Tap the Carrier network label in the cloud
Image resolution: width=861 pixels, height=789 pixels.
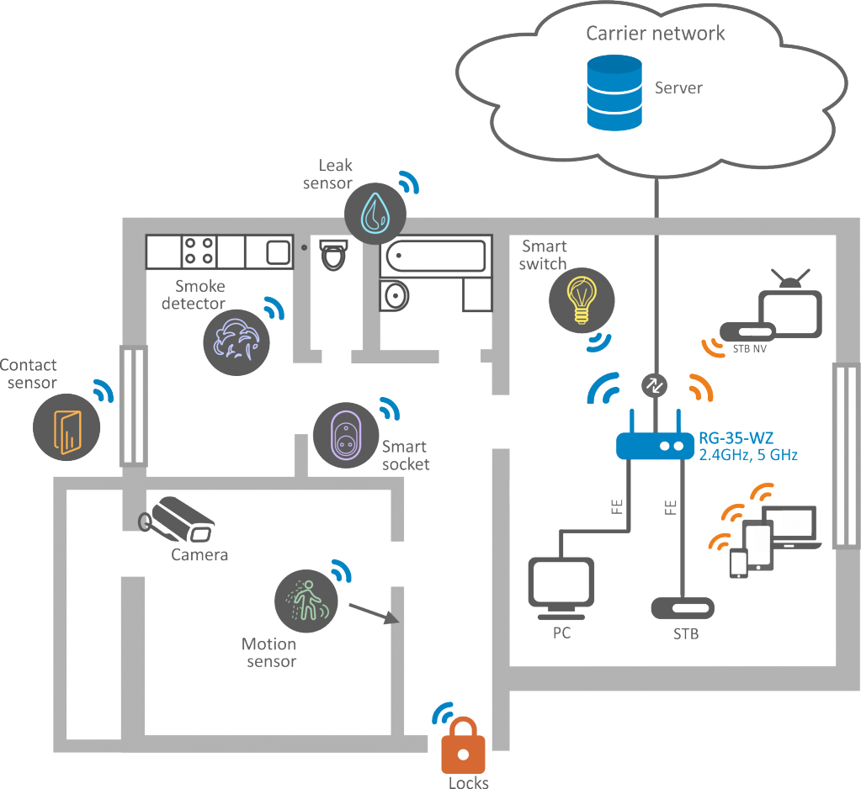click(656, 34)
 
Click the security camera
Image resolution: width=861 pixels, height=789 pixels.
click(178, 519)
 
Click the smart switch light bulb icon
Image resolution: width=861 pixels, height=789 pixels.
click(581, 299)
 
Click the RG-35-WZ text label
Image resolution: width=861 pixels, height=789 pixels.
click(736, 437)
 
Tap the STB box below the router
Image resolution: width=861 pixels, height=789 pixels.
click(683, 607)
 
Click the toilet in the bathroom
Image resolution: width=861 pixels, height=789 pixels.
click(334, 254)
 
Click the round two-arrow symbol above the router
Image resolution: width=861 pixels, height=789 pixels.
click(654, 384)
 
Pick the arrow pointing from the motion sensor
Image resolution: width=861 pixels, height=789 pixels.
click(373, 613)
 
